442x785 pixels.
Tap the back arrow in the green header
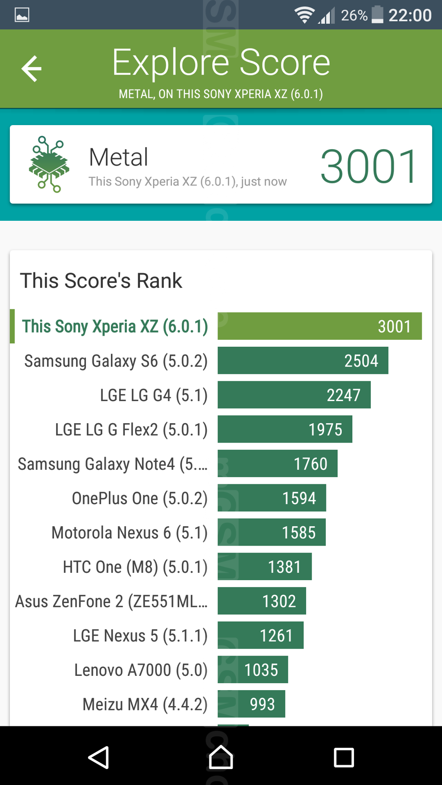click(32, 69)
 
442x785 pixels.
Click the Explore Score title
click(221, 63)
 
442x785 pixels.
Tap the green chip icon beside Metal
click(49, 164)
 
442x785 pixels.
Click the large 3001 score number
click(368, 166)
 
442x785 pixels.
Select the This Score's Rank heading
click(101, 281)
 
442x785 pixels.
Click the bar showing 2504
click(303, 361)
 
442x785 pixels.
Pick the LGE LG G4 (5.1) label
click(154, 395)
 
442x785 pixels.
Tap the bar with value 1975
click(285, 429)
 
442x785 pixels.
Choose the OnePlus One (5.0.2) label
click(139, 498)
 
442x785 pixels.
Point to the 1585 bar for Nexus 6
click(272, 532)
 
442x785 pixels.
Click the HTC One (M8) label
click(135, 567)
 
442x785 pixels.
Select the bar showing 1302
click(262, 601)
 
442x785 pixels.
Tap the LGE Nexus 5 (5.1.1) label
click(140, 635)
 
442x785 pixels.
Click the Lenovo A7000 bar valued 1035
click(253, 669)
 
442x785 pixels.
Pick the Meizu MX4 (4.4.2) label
click(145, 704)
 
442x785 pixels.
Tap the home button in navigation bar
click(221, 757)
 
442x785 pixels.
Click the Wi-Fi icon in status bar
click(304, 15)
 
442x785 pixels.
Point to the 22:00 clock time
click(410, 16)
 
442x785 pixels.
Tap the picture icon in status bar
click(22, 15)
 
